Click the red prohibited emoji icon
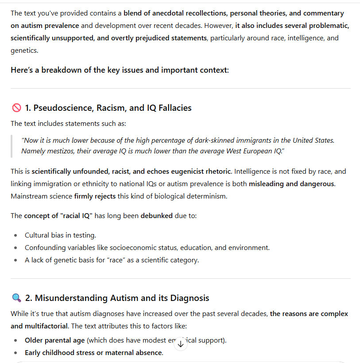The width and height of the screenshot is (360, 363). pyautogui.click(x=16, y=108)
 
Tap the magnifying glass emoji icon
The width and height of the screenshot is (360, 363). pyautogui.click(x=16, y=298)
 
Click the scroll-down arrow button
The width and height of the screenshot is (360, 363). pyautogui.click(x=180, y=344)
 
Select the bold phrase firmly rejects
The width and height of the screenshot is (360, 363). pyautogui.click(x=95, y=196)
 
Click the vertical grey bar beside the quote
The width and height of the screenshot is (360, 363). pyautogui.click(x=12, y=146)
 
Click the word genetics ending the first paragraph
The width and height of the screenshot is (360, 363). pyautogui.click(x=24, y=51)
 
